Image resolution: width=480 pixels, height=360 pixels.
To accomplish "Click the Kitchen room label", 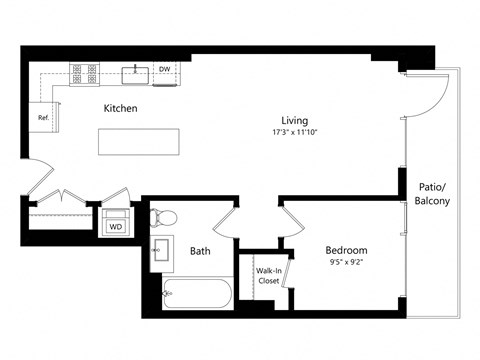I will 120,108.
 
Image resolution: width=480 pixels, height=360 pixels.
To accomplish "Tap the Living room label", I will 293,117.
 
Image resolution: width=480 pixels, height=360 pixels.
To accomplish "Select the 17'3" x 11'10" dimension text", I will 294,132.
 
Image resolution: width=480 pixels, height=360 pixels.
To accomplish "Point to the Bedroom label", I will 346,250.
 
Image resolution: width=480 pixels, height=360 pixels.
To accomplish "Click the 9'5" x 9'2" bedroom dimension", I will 346,265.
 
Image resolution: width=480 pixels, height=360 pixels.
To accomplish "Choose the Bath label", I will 200,251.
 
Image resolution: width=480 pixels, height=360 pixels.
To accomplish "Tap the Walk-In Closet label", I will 268,276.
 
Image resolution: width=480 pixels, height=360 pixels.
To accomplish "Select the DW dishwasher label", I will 164,70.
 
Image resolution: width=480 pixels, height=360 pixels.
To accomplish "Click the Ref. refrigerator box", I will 44,117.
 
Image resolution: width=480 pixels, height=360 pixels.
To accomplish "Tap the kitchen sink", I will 134,73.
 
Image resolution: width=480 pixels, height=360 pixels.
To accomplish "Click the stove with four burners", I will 83,72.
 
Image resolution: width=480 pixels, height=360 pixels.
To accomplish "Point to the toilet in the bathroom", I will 164,217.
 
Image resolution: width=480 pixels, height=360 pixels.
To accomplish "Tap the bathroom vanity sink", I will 160,251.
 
